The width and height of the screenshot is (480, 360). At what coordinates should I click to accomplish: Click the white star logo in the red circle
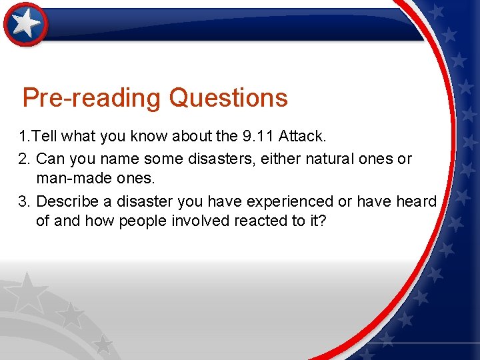(26, 24)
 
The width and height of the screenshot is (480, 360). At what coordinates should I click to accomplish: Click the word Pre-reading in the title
(91, 98)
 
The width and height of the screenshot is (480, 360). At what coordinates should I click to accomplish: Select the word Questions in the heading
(228, 98)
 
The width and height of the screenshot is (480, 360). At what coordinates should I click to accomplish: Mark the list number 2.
(24, 159)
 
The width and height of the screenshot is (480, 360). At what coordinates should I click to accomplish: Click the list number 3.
(24, 201)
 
